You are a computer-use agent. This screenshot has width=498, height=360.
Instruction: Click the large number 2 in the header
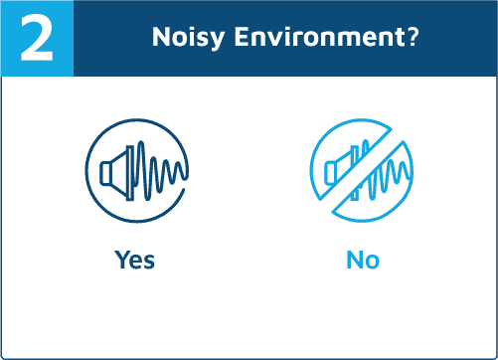pos(37,38)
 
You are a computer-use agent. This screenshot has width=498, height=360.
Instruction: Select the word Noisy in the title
pos(188,38)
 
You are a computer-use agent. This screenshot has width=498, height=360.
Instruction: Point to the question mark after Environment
pos(411,36)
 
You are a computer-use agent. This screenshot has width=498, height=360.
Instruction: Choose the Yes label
pos(134,260)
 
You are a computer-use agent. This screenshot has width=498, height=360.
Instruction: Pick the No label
pos(363,260)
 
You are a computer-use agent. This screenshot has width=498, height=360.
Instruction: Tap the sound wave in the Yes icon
pos(160,170)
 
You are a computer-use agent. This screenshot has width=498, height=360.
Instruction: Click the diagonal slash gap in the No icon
pos(362,171)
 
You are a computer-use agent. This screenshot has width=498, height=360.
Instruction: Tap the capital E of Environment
pos(242,37)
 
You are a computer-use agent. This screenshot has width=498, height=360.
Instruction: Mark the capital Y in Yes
pos(122,260)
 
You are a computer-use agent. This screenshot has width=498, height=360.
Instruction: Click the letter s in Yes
pos(149,262)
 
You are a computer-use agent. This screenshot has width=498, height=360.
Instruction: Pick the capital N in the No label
pos(355,260)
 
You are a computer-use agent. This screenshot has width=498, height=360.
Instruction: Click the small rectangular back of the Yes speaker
pos(105,173)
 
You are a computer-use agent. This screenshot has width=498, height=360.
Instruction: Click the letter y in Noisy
pos(217,40)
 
